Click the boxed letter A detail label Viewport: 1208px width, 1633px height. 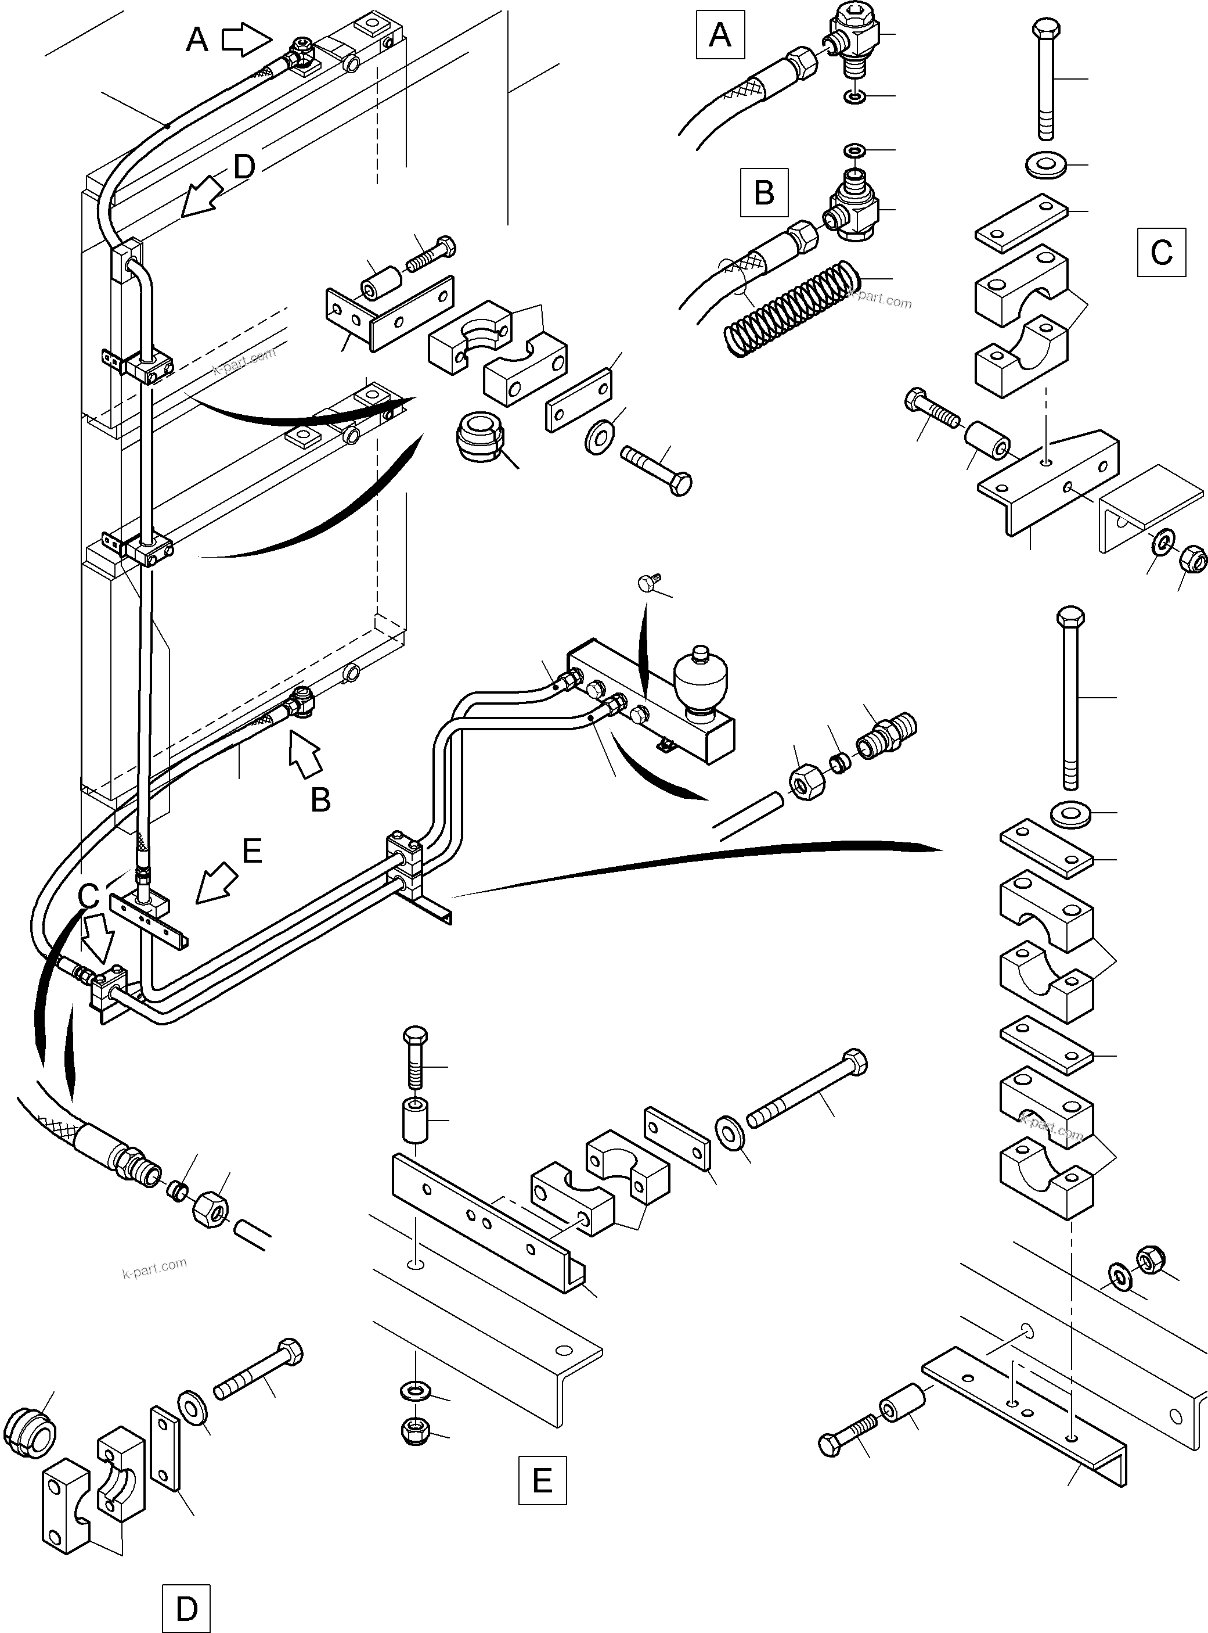(720, 34)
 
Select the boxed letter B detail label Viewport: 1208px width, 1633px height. (764, 192)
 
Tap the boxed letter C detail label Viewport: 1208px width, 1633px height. (1161, 252)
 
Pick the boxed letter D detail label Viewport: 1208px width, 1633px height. (186, 1608)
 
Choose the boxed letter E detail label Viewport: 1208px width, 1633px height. (542, 1480)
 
